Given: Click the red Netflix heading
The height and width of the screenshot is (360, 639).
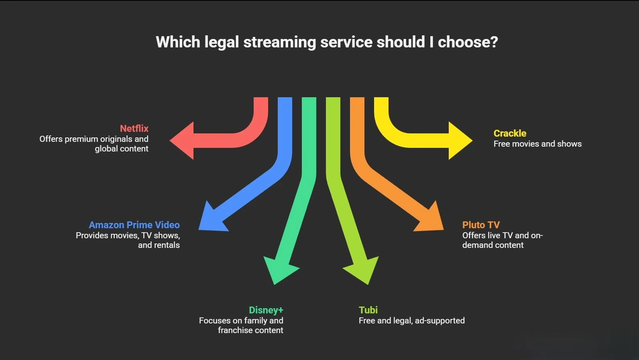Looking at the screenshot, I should (x=134, y=129).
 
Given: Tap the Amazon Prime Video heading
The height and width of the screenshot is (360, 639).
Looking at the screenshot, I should (x=134, y=225).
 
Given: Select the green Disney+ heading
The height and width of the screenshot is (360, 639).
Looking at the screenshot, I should (x=266, y=310).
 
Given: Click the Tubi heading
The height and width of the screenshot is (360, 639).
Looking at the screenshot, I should (x=368, y=310).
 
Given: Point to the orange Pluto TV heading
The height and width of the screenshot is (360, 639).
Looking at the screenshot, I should (x=481, y=225).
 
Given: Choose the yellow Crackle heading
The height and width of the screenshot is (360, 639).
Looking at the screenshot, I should (x=510, y=133).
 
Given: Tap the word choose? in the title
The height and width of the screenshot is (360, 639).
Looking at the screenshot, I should (x=468, y=42).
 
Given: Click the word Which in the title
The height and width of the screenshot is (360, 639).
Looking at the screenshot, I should (x=177, y=42).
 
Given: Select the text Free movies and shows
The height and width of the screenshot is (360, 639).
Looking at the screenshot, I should (x=537, y=144).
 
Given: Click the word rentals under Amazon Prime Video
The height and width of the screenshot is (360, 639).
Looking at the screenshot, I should (x=166, y=245).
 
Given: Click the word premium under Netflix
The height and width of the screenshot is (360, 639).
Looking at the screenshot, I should (x=81, y=139).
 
